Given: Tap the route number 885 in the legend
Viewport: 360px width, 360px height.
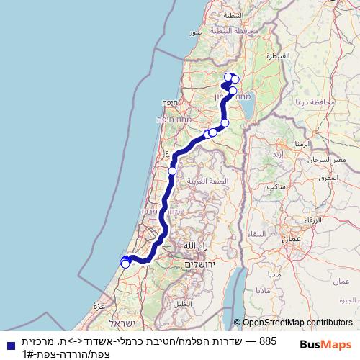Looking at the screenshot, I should pyautogui.click(x=267, y=339).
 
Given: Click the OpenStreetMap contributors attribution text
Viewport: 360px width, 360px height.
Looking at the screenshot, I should pyautogui.click(x=297, y=323).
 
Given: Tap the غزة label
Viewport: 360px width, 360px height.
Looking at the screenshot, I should pyautogui.click(x=99, y=305).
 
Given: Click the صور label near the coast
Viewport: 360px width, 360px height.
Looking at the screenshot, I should pyautogui.click(x=195, y=32).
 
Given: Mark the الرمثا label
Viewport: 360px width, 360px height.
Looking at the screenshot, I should pyautogui.click(x=302, y=144).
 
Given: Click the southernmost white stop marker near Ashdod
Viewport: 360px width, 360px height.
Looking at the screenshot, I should pyautogui.click(x=126, y=264).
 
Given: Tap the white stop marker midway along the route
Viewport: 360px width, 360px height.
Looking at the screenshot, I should pyautogui.click(x=173, y=171).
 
